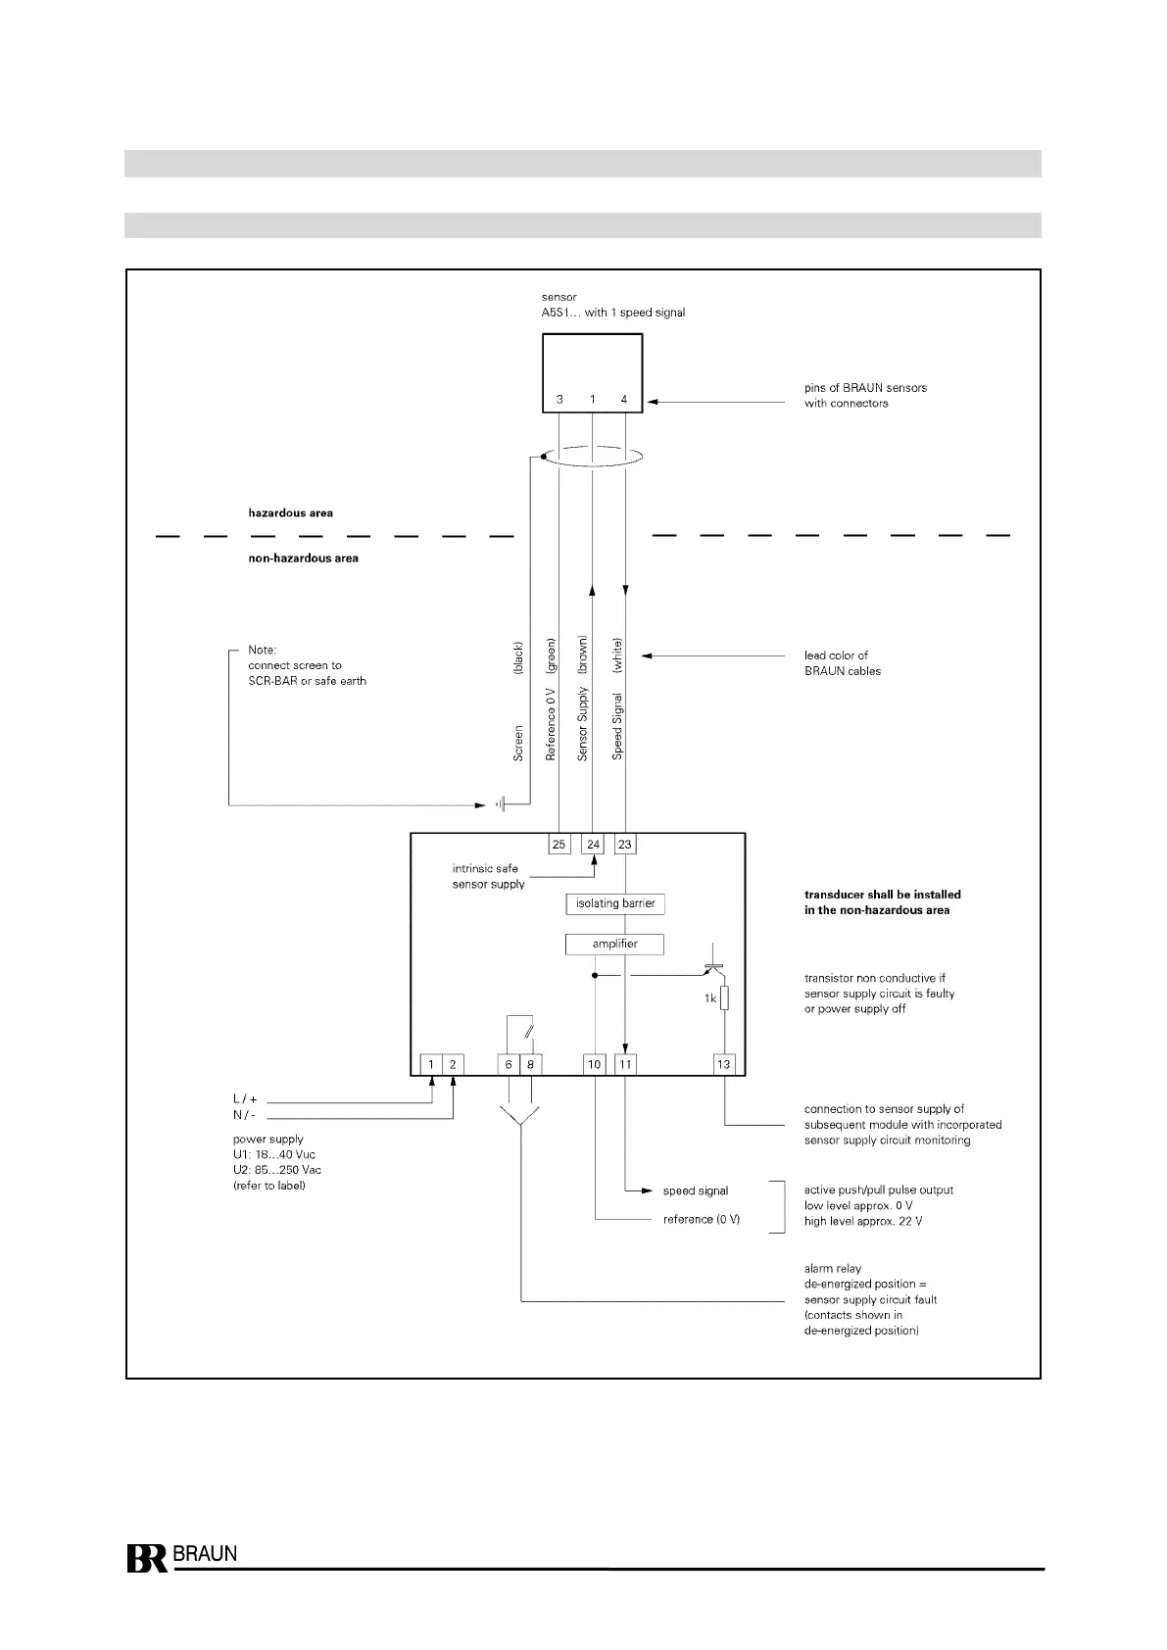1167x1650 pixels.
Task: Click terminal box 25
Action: click(559, 844)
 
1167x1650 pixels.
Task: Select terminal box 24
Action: click(593, 844)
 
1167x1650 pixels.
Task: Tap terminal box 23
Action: click(625, 844)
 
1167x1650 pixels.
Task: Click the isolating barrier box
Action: click(615, 903)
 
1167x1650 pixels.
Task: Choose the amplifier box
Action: click(615, 945)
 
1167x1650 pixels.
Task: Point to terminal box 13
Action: click(723, 1064)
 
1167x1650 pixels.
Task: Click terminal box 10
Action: click(595, 1064)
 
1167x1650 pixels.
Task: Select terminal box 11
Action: click(626, 1064)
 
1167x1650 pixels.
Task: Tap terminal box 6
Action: click(509, 1064)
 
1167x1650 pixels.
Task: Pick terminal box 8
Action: click(530, 1064)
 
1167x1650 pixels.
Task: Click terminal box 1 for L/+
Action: click(431, 1064)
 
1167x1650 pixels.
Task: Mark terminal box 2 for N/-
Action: click(453, 1064)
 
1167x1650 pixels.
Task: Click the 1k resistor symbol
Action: click(724, 998)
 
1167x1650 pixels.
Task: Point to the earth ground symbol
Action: click(500, 805)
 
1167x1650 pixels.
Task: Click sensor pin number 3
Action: click(559, 400)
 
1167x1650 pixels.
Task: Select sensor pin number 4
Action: click(624, 400)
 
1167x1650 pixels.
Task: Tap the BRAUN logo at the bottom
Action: click(182, 1558)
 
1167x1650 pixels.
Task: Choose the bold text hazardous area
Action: click(290, 512)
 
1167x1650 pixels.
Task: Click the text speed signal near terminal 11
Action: click(696, 1191)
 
